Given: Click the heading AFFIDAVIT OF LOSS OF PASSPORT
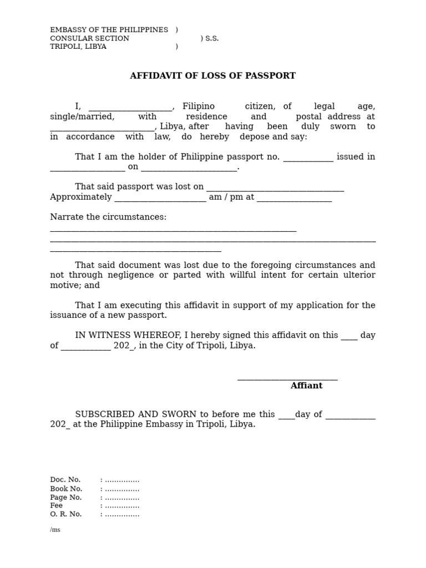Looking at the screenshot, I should [212, 76].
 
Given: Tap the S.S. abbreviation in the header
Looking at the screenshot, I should [212, 38].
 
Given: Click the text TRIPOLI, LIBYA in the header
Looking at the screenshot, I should [78, 47].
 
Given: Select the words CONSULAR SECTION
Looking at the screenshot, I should [89, 38].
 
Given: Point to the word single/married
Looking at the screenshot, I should [82, 116].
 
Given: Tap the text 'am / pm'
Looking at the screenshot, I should [226, 197].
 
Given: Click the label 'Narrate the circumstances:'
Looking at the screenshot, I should [108, 217].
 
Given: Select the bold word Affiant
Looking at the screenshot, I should [306, 386].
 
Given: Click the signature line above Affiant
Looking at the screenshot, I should [287, 379].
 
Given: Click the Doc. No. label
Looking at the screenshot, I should [65, 480].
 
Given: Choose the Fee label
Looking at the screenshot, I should [57, 505].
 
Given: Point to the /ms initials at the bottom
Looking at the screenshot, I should [55, 530].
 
